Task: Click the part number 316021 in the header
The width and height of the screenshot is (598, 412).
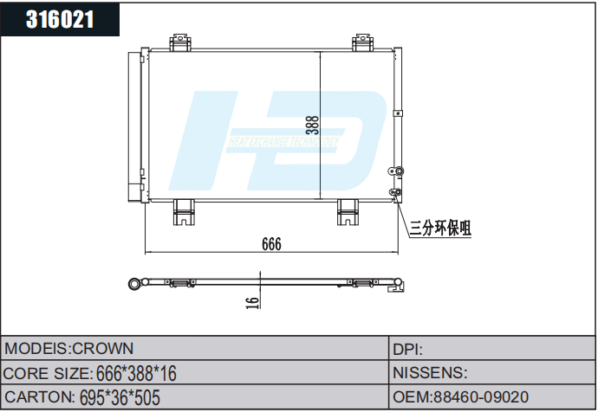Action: coord(60,19)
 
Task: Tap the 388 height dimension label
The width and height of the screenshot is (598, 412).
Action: coord(313,126)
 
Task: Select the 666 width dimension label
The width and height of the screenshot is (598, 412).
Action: coord(271,245)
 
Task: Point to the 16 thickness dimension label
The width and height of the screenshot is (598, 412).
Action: coord(252,302)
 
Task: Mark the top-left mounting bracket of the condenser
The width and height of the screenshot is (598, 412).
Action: coord(181,42)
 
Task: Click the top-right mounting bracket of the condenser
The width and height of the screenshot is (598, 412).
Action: coord(363,42)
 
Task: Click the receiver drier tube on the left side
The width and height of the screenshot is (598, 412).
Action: coord(135,126)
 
